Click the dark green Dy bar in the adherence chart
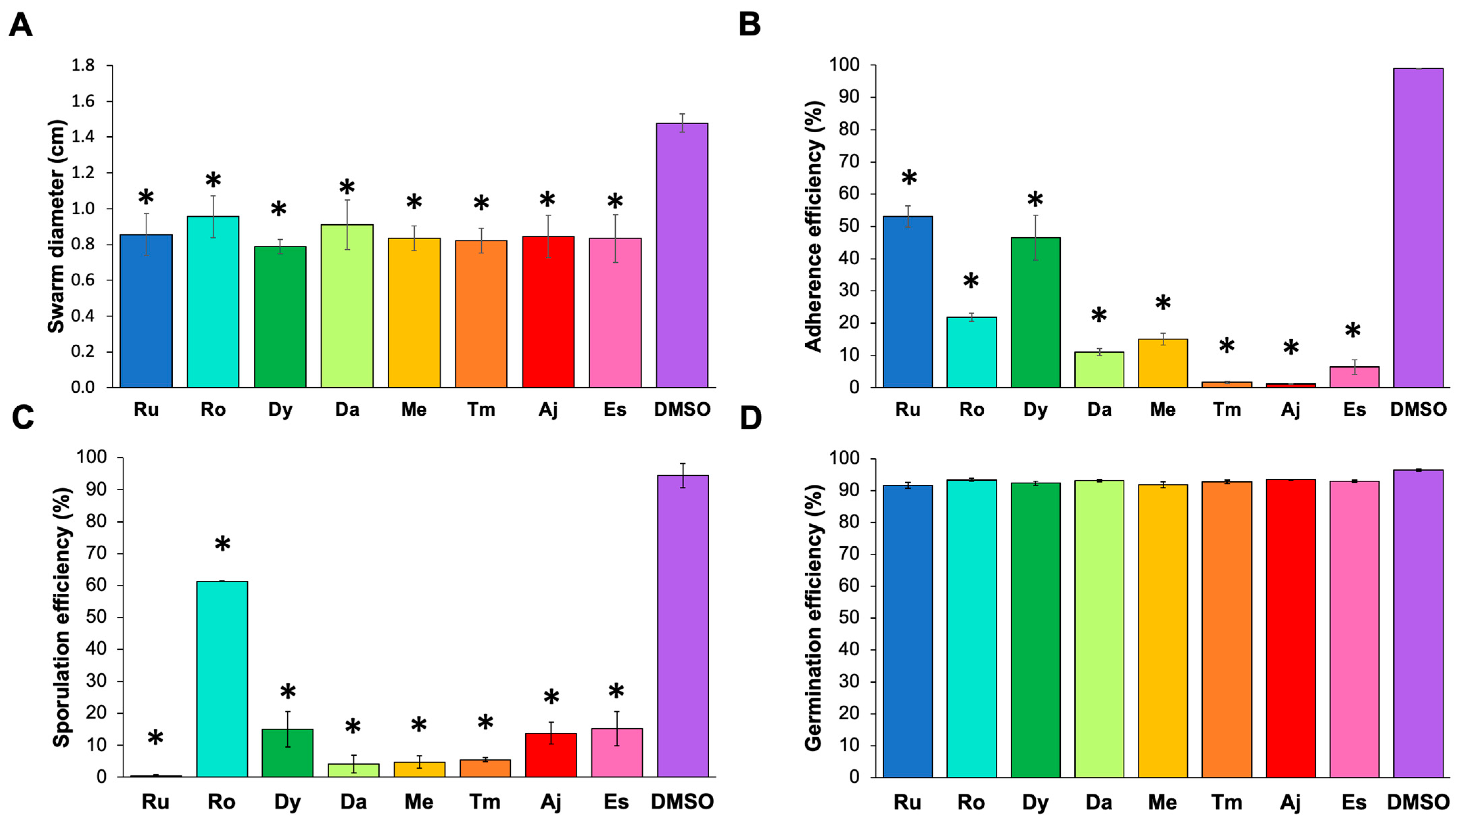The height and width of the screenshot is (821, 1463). tap(1035, 313)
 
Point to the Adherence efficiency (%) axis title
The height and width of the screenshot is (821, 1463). tap(814, 226)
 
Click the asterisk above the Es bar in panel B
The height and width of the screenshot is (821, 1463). tap(1353, 331)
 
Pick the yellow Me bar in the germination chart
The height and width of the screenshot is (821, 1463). tap(1162, 631)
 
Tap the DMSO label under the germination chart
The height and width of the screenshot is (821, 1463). tap(1418, 802)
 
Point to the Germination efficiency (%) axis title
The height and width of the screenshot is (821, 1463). tap(814, 618)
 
